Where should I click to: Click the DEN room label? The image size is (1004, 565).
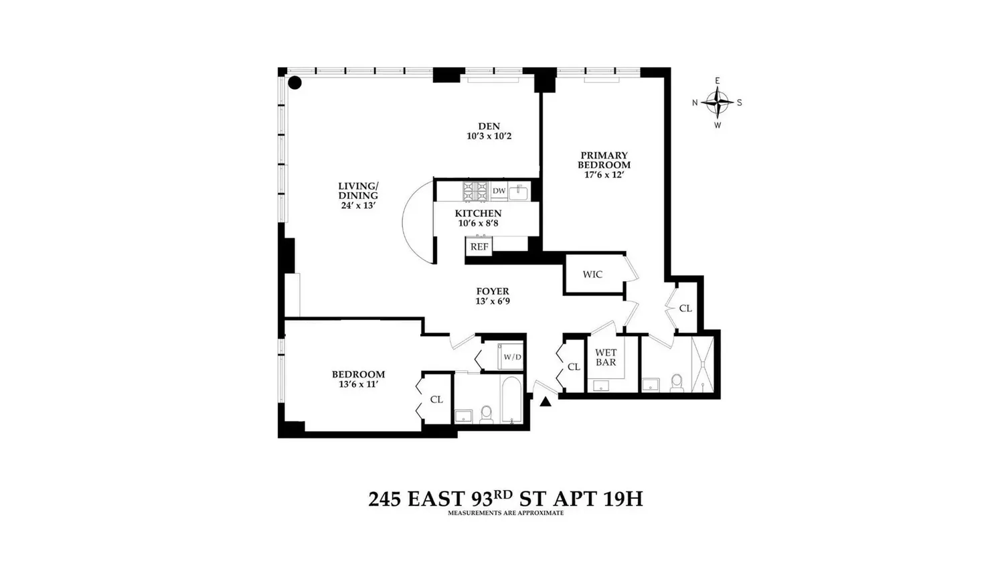tap(489, 126)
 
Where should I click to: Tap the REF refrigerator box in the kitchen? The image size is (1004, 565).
tap(479, 246)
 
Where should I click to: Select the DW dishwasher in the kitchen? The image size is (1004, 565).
tap(499, 191)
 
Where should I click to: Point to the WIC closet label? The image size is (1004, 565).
tap(592, 274)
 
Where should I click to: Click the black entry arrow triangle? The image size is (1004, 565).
tap(546, 402)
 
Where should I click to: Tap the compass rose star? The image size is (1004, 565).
tap(718, 102)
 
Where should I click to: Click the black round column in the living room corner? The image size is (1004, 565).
tap(295, 82)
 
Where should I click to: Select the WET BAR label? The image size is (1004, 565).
tap(606, 357)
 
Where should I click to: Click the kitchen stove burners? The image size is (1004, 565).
tap(475, 191)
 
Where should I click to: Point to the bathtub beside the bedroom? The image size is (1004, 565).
tap(511, 400)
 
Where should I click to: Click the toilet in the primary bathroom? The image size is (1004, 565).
tap(676, 383)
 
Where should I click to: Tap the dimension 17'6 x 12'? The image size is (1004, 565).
tap(604, 175)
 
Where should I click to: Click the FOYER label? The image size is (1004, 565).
tap(492, 291)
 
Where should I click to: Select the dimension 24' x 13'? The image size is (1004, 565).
tap(357, 206)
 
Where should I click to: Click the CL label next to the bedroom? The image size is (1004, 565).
tap(436, 400)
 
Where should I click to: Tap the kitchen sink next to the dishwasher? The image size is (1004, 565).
tap(519, 192)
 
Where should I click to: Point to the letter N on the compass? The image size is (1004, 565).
tap(695, 102)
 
